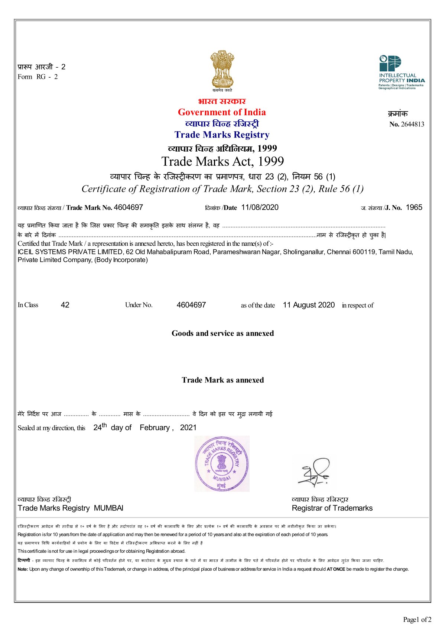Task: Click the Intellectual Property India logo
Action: click(x=401, y=72)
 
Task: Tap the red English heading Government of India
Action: click(x=222, y=112)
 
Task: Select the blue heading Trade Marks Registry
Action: click(x=222, y=135)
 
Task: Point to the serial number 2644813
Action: click(x=412, y=124)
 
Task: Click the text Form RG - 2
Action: click(x=38, y=77)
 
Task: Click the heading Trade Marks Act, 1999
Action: click(x=222, y=161)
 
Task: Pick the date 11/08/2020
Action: click(x=260, y=207)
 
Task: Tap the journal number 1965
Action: click(x=414, y=207)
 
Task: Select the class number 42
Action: click(x=65, y=305)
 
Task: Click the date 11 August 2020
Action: click(x=309, y=305)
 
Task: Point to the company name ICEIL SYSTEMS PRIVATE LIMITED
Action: click(x=70, y=252)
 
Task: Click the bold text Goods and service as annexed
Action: click(x=222, y=333)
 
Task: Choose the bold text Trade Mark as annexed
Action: click(x=222, y=380)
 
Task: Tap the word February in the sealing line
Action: click(x=155, y=427)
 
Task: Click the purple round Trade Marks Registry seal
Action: click(x=222, y=463)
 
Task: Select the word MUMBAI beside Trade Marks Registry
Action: click(x=108, y=508)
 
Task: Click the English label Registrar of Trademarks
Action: click(x=332, y=508)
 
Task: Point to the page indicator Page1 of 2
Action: click(x=417, y=619)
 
